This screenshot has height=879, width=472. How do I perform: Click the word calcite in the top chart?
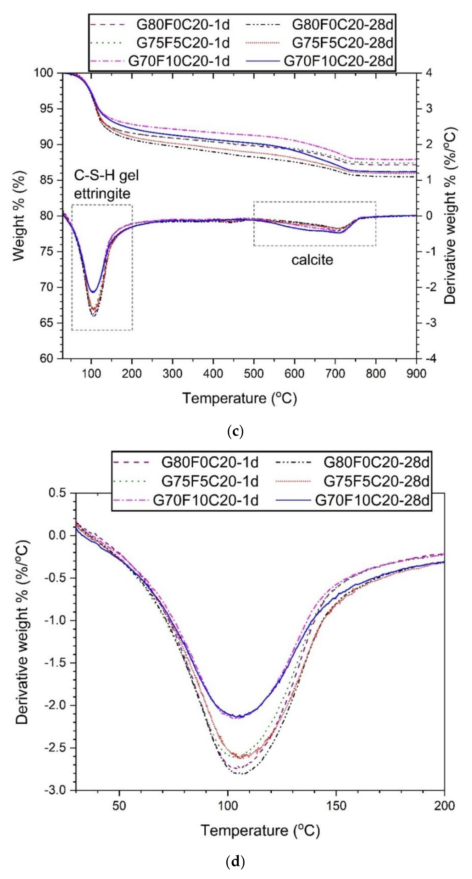coord(312,260)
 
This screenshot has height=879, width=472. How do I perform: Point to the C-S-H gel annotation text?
coord(106,175)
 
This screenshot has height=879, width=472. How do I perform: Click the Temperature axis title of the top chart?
coord(239,398)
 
